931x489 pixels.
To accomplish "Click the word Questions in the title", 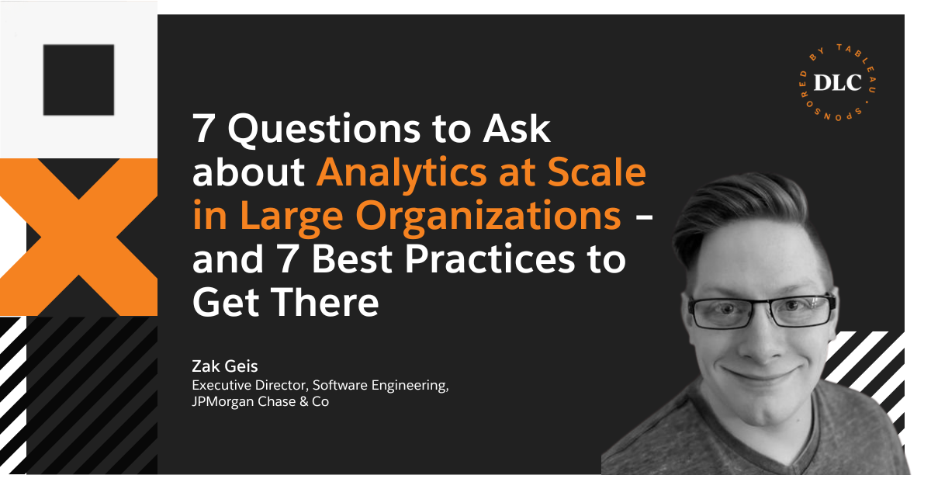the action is (324, 130).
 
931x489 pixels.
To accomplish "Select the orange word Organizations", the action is (488, 217).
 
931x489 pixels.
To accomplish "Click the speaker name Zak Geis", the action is (225, 366).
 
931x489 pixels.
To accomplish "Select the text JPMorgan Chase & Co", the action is (260, 402).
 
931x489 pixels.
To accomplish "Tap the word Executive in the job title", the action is (221, 386).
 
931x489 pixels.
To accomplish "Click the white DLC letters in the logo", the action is (837, 83).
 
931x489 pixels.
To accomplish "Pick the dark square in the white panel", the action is (78, 80).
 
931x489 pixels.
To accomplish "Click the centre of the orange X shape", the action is (78, 237).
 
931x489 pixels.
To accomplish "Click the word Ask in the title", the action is (517, 130).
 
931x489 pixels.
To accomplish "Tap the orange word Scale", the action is (597, 172).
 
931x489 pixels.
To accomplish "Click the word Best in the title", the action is (352, 259).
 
